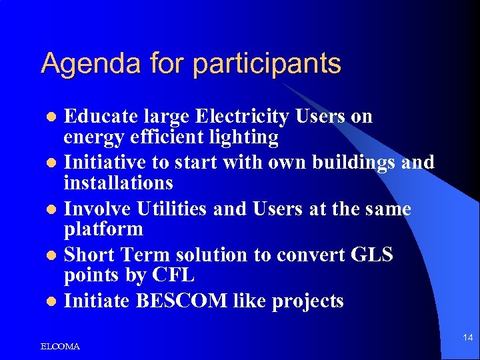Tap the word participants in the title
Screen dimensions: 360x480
[x=267, y=64]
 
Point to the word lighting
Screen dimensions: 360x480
[x=245, y=137]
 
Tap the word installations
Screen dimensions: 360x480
[x=118, y=183]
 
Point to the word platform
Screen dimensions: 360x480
[x=103, y=229]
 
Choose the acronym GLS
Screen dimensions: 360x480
[x=370, y=255]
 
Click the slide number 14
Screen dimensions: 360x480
[x=467, y=338]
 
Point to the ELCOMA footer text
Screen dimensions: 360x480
[x=60, y=347]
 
